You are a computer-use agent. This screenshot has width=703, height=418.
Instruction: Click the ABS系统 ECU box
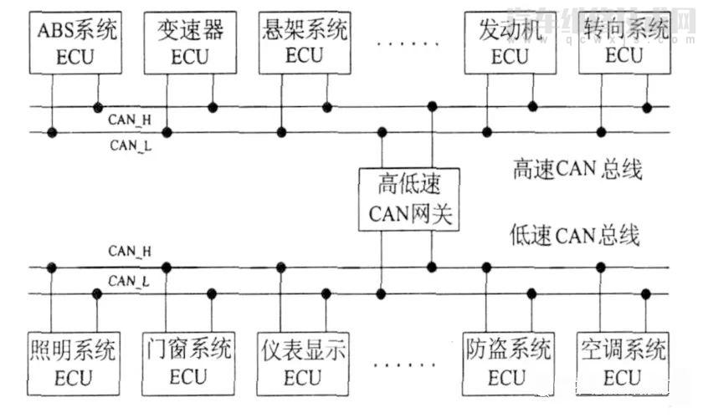74,43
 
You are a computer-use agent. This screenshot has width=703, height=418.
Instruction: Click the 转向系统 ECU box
623,43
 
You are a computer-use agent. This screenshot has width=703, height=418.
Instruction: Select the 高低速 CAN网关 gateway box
408,199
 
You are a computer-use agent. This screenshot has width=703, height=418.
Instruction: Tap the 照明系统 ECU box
74,362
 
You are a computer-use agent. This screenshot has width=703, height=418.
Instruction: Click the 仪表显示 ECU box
302,362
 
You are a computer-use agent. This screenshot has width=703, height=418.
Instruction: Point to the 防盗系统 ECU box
508,362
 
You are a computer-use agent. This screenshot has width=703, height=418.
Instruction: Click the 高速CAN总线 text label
577,171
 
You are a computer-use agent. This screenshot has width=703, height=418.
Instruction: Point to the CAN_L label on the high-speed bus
130,145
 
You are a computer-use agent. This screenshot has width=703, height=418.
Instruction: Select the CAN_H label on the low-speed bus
130,251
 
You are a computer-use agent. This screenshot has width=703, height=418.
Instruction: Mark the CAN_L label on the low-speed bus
130,281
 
